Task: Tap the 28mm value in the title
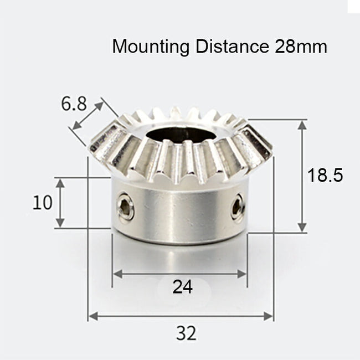pos(300,47)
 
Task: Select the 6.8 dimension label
pos(74,104)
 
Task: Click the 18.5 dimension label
pos(325,176)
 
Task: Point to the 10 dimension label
pos(42,203)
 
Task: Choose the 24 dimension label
pos(182,287)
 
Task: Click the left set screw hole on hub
pos(126,207)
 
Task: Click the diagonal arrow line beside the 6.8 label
pos(87,116)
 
